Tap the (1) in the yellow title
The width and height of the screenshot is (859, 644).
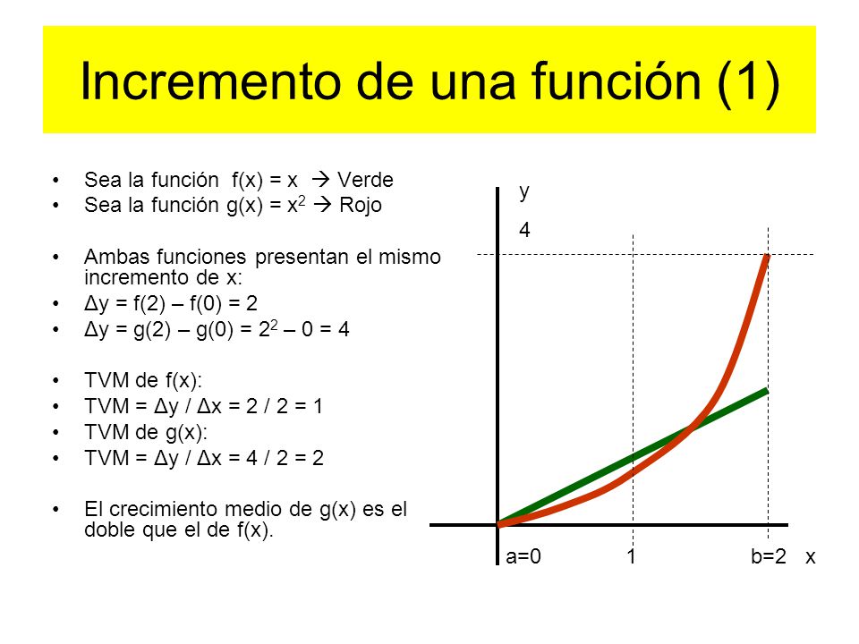coord(748,82)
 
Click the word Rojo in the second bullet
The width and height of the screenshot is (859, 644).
coord(361,205)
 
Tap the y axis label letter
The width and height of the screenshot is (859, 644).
coord(525,191)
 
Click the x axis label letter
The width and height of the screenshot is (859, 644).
coord(810,556)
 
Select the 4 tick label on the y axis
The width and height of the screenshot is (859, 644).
coord(525,230)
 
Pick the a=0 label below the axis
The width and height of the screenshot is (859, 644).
coord(523,556)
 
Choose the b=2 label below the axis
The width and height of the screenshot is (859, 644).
coord(769,556)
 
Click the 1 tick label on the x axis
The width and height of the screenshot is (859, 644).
coord(632,556)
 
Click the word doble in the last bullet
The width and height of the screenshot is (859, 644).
coord(110,529)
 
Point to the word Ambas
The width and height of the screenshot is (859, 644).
coord(113,258)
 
